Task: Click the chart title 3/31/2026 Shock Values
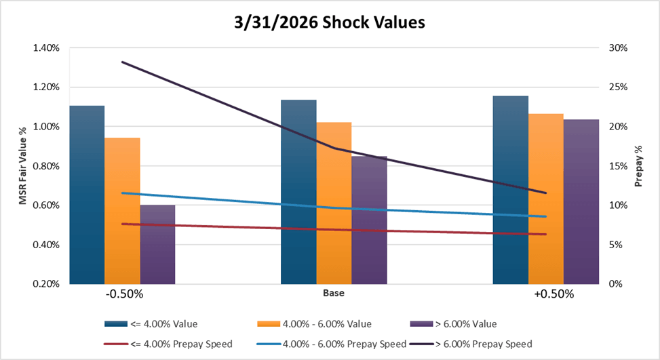click(x=330, y=22)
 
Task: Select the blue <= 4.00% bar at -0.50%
click(x=87, y=197)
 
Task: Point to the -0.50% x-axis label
click(x=124, y=295)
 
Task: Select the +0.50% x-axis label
click(x=554, y=295)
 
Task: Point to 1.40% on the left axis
click(x=45, y=48)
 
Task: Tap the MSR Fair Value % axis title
click(x=23, y=166)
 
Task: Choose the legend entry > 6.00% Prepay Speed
click(x=494, y=344)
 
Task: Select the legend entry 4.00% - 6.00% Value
click(x=323, y=323)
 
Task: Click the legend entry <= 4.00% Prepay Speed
click(x=169, y=344)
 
